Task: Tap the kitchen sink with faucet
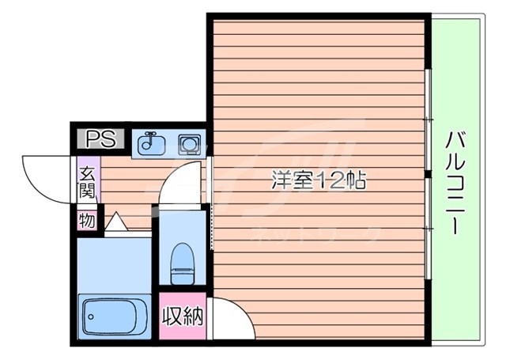151,145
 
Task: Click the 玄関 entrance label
86,181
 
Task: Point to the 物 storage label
86,221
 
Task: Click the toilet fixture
182,261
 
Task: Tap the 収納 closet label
182,317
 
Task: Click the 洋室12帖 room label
318,181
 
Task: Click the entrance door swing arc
43,176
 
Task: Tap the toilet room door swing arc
180,184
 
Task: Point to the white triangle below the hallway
115,222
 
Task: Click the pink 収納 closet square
182,317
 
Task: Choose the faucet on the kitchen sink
150,139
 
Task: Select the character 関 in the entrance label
86,190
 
